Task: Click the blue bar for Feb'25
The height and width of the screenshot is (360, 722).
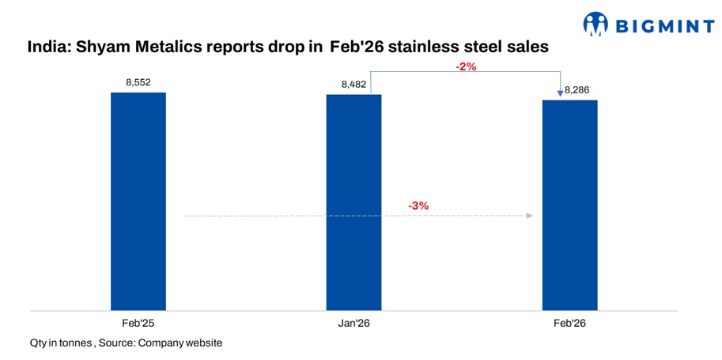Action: click(138, 201)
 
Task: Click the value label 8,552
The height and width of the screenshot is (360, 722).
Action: click(138, 82)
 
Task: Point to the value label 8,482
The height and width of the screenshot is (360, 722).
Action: click(353, 84)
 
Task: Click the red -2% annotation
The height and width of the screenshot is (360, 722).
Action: click(466, 67)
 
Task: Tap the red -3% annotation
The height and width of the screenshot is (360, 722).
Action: click(418, 206)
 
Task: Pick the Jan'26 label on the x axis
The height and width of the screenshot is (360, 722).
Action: click(353, 323)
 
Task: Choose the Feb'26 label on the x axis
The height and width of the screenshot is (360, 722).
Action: click(569, 323)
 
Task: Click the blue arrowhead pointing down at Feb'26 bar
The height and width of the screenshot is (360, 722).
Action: click(560, 94)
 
